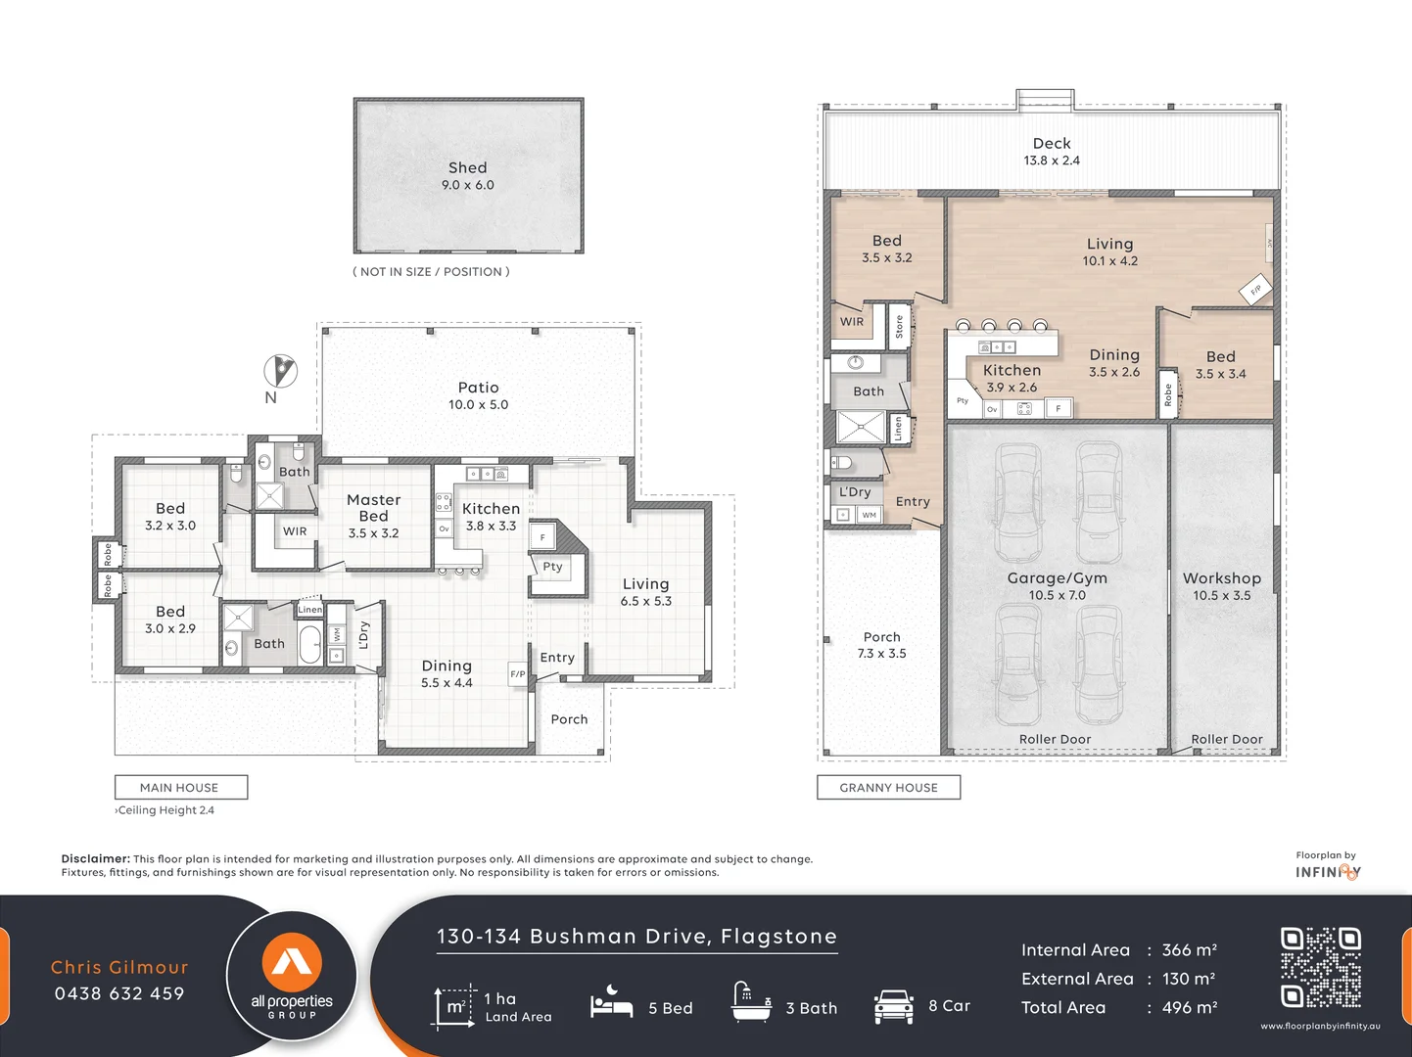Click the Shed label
point(467,168)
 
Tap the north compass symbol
point(280,371)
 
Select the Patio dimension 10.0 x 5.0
point(478,405)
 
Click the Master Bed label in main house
point(373,508)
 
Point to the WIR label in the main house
point(295,531)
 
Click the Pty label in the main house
point(552,567)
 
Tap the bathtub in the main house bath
point(309,645)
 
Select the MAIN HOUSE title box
point(180,788)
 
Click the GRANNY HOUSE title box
point(888,788)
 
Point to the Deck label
point(1052,144)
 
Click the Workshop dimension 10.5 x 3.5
point(1221,596)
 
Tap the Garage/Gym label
point(1057,578)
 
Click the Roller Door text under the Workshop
point(1226,740)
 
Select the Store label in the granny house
point(899,327)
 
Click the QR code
point(1320,967)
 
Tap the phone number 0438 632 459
point(119,994)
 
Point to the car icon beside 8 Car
point(893,1006)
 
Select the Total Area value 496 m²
point(1189,1008)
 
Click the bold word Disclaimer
point(95,859)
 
